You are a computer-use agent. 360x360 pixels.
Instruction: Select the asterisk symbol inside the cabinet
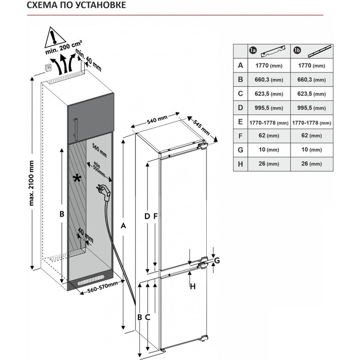[x=77, y=178]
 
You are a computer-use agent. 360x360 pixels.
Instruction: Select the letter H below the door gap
[x=192, y=286]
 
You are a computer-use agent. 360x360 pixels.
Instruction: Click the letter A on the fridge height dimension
[x=123, y=226]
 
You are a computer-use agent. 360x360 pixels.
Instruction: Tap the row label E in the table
[x=240, y=123]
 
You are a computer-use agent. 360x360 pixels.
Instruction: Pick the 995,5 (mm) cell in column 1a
[x=269, y=109]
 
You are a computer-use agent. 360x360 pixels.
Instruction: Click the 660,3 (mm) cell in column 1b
[x=312, y=80]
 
